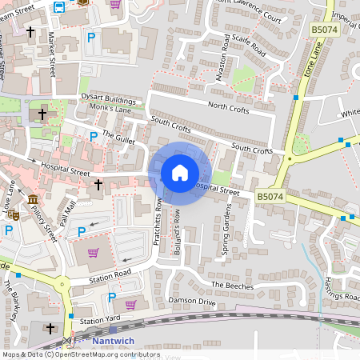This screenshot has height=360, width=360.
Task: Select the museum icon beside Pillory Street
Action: coord(33,199)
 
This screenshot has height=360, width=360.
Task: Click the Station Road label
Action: coord(110,274)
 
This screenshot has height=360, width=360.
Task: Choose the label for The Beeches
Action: coord(232,286)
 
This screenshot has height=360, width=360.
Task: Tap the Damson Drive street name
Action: coord(192,301)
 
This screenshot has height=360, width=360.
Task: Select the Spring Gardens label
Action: coord(226,229)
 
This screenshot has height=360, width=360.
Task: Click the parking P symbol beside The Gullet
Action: coord(94,137)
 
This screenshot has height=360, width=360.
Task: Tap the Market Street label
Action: coord(52,50)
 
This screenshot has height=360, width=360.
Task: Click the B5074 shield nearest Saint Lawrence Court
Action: coord(323,30)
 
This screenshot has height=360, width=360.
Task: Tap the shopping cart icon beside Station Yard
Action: coord(130,304)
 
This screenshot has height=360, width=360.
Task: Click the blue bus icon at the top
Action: coord(60,7)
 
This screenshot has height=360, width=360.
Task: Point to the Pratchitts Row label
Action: coord(158,234)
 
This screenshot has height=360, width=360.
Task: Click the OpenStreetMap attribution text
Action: coord(80,354)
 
